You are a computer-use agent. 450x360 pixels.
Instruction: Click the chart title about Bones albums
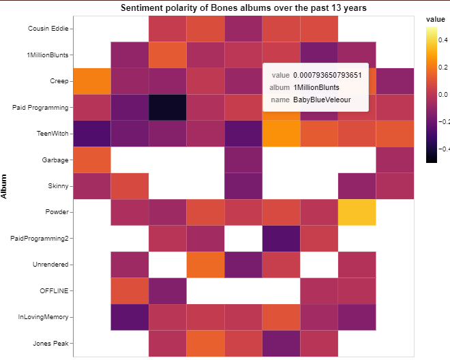point(243,8)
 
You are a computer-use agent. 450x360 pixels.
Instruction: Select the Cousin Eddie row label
point(48,29)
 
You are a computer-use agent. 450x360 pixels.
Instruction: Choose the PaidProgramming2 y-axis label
point(42,239)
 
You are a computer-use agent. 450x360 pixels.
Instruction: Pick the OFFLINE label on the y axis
point(53,291)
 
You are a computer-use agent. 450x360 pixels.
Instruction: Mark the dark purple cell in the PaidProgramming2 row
point(281,239)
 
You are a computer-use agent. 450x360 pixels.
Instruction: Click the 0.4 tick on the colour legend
point(442,39)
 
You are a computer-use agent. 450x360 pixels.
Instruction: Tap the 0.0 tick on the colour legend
point(442,94)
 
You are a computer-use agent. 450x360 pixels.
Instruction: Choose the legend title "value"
point(436,20)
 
